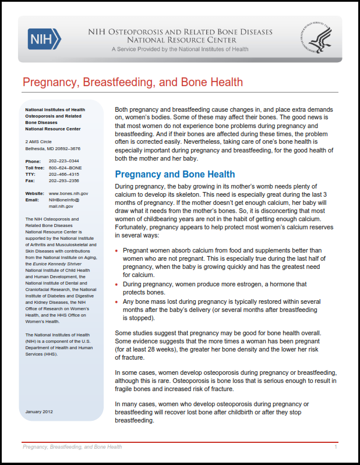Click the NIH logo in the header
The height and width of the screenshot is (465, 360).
[44, 40]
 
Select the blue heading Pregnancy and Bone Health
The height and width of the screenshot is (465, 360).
[175, 174]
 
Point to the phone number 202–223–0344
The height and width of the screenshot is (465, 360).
[64, 161]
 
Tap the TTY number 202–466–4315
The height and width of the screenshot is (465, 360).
[64, 173]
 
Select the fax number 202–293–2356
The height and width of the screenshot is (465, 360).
[64, 180]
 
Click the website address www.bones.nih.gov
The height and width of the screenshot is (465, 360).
[69, 193]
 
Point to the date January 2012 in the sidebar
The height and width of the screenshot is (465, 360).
[40, 412]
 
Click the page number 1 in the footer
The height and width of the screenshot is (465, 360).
[336, 447]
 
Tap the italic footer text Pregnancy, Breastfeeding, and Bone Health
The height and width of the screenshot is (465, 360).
[72, 447]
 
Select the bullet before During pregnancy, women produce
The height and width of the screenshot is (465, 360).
[117, 284]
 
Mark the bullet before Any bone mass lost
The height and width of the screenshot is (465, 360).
[117, 301]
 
